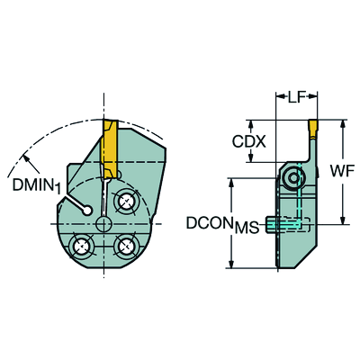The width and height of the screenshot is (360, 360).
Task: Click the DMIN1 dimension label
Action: pyautogui.click(x=37, y=185)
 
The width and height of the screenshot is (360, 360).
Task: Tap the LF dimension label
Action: pyautogui.click(x=296, y=97)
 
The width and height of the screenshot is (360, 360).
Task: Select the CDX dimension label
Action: pyautogui.click(x=249, y=141)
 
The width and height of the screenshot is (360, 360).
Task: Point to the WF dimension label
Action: pyautogui.click(x=342, y=171)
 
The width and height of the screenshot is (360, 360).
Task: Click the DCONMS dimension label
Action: pyautogui.click(x=222, y=224)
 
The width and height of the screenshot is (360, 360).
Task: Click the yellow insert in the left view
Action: pyautogui.click(x=109, y=149)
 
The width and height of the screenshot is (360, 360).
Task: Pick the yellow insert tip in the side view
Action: pyautogui.click(x=313, y=128)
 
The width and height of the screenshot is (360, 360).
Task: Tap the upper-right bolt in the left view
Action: pyautogui.click(x=126, y=202)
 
